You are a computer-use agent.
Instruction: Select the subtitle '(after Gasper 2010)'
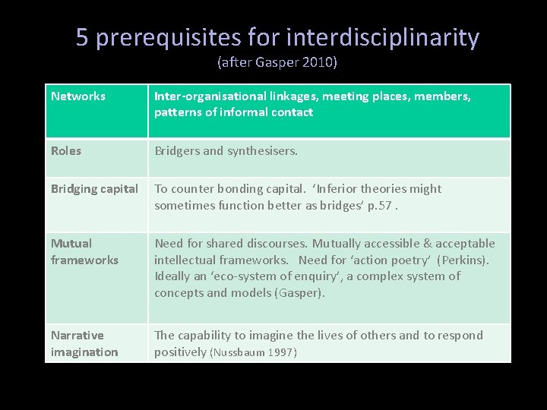click(x=277, y=62)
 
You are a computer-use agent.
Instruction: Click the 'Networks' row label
click(x=78, y=96)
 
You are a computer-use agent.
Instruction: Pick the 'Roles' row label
click(x=66, y=150)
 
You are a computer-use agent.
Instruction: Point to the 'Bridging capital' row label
click(x=94, y=188)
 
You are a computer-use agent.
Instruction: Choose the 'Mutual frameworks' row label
click(x=84, y=251)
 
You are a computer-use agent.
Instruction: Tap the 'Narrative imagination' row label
click(x=84, y=343)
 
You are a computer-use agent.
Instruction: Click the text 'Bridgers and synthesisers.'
click(x=226, y=150)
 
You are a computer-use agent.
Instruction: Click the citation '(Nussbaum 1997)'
click(x=253, y=352)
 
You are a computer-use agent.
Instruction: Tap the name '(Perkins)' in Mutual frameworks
click(x=464, y=260)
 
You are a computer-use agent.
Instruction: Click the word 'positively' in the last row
click(x=180, y=352)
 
